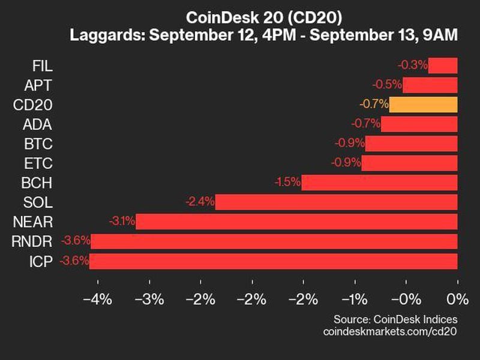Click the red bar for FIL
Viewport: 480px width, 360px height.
tap(443, 65)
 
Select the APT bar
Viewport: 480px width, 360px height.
tap(430, 85)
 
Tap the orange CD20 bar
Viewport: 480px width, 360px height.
tap(423, 104)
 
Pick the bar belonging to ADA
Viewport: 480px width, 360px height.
tap(419, 124)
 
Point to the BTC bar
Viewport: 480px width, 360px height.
tap(412, 144)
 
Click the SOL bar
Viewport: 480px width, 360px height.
tap(337, 202)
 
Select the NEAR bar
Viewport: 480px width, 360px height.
tap(297, 222)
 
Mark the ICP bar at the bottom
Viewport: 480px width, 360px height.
tap(274, 261)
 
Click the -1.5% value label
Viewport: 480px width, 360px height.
tap(287, 182)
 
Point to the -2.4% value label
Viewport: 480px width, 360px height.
tap(200, 202)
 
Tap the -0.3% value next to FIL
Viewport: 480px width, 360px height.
tap(412, 65)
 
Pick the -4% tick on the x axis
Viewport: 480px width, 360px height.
tap(97, 299)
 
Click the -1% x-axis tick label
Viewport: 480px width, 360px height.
tap(354, 299)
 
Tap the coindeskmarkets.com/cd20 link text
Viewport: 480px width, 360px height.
tap(390, 331)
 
